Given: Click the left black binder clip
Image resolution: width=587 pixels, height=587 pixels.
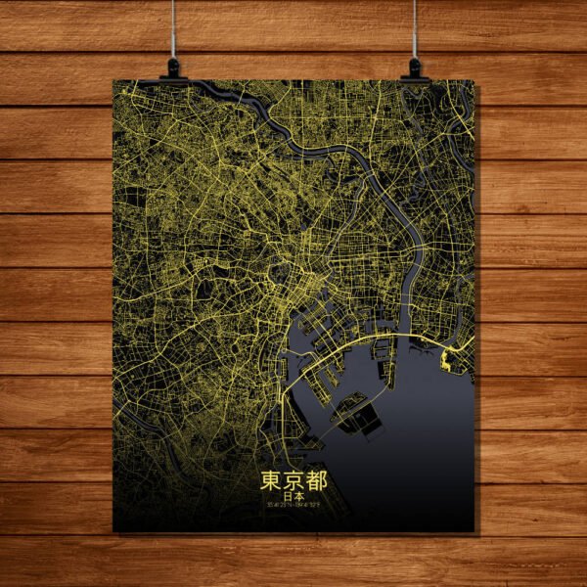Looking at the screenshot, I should (x=173, y=68).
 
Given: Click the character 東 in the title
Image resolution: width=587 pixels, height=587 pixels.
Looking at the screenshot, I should (x=271, y=480).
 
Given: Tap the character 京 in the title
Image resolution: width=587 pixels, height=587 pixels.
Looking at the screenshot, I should (x=293, y=480).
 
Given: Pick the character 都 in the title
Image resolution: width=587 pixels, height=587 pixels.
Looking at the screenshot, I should (x=316, y=480).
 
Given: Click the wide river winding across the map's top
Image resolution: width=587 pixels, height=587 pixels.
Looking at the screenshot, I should (x=333, y=152).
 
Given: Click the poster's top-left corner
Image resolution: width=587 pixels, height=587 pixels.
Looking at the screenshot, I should (x=113, y=80).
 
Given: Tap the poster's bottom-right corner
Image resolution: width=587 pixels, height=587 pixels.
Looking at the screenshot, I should (x=474, y=531).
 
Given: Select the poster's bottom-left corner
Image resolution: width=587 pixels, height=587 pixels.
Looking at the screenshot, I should (x=113, y=531).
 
